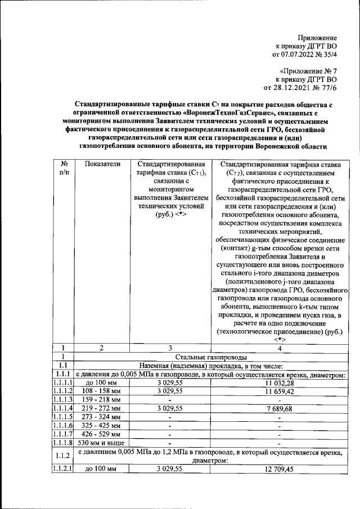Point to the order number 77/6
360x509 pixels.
[x=326, y=88]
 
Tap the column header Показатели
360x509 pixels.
[x=102, y=164]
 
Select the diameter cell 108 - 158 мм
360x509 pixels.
[x=102, y=391]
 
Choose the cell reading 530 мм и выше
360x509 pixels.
[x=102, y=443]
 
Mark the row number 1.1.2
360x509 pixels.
[x=63, y=456]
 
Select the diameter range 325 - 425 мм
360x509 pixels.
[x=102, y=426]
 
